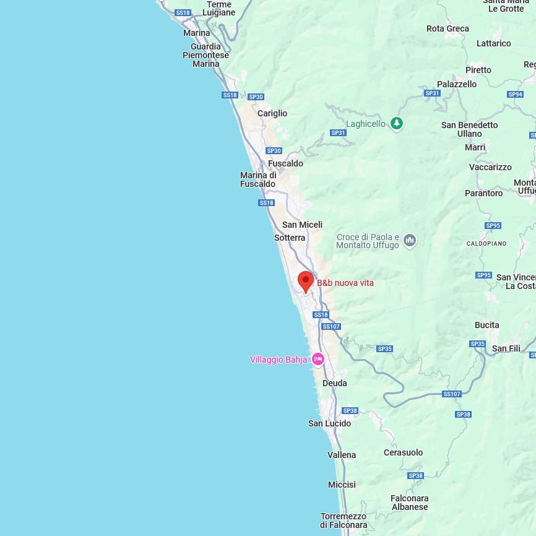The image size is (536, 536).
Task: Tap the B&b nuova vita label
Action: tap(345, 283)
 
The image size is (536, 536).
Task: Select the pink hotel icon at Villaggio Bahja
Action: tap(318, 359)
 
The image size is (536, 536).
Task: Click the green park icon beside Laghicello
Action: tap(397, 124)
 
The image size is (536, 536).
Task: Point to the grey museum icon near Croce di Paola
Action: tap(410, 241)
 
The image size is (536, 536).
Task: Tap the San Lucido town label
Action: tap(329, 423)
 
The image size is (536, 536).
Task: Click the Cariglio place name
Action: tap(272, 113)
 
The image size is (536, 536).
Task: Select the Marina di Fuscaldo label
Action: tap(258, 179)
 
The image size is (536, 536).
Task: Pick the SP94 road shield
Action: tap(515, 94)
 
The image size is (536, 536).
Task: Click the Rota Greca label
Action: tap(447, 28)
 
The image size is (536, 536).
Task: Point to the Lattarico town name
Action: tap(493, 43)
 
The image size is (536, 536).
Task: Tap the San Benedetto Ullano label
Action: tap(469, 129)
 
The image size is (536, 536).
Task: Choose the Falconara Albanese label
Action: tap(409, 503)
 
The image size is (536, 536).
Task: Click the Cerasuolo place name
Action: tap(403, 452)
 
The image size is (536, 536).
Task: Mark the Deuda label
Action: tap(334, 383)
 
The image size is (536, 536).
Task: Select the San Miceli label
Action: tap(302, 225)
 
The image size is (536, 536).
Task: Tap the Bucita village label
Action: tap(486, 325)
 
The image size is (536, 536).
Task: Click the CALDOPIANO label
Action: tap(486, 243)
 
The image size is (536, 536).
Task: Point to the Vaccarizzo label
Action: tap(490, 167)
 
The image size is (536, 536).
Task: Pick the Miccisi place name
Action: tap(342, 485)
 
